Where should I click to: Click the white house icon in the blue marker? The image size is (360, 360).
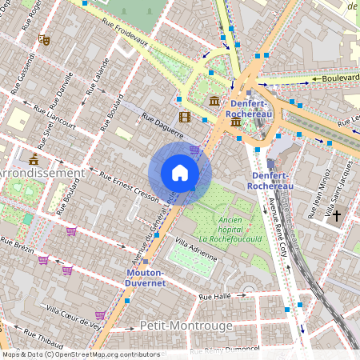tap(180, 173)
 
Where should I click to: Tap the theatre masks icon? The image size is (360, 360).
tap(44, 38)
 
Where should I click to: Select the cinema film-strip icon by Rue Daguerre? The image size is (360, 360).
tap(186, 118)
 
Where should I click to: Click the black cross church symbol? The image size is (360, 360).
tap(337, 215)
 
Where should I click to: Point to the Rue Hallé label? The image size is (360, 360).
tap(215, 298)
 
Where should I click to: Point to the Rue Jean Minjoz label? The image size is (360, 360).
tap(318, 198)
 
